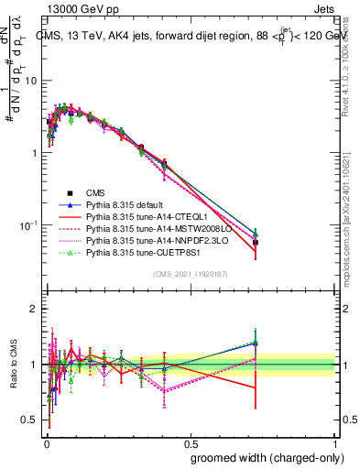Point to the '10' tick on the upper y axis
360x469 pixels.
[x=32, y=80]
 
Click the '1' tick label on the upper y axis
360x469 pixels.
[x=35, y=152]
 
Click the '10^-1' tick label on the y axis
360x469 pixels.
[x=29, y=224]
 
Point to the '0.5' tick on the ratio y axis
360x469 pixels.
[x=29, y=420]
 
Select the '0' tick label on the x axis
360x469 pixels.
[x=45, y=442]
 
